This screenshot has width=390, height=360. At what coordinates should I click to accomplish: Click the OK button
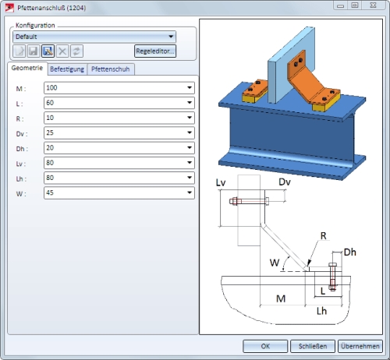[265, 346]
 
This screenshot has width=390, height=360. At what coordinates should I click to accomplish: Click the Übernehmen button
[360, 346]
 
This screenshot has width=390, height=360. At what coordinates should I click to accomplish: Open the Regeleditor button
[155, 51]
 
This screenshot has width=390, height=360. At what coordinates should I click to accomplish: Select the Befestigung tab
[67, 69]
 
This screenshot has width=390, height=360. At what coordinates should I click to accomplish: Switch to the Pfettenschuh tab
[111, 69]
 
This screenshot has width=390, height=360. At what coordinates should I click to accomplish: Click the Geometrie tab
[27, 68]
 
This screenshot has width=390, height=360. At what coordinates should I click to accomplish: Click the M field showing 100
[119, 88]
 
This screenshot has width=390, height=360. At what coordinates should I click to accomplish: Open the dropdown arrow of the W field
[190, 192]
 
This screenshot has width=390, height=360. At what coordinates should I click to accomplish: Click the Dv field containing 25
[119, 132]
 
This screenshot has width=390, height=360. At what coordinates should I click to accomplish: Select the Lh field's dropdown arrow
[190, 178]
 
